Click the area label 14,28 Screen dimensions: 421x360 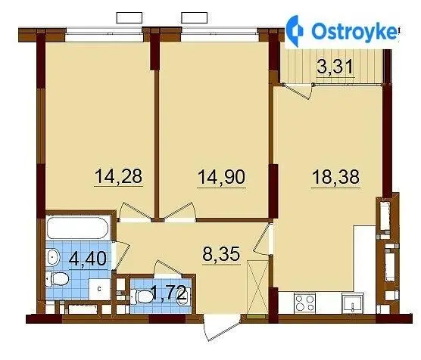[118, 176]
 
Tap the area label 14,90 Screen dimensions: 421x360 [222, 177]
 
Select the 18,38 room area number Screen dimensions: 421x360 [335, 177]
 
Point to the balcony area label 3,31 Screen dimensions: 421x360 [335, 67]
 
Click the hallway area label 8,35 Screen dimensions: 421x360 [221, 254]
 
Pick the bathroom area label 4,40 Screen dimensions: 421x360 [88, 259]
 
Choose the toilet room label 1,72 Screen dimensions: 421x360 [169, 293]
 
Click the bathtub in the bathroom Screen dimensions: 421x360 [78, 228]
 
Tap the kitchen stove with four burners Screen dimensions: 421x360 [304, 303]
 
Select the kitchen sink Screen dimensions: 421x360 [353, 303]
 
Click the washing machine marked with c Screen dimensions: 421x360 [99, 289]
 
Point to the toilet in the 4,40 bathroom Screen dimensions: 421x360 [58, 279]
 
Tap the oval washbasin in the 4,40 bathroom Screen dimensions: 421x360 [53, 257]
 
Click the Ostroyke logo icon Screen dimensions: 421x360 [295, 31]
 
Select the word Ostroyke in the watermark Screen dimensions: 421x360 [354, 31]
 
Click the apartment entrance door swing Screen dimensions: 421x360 [222, 327]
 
